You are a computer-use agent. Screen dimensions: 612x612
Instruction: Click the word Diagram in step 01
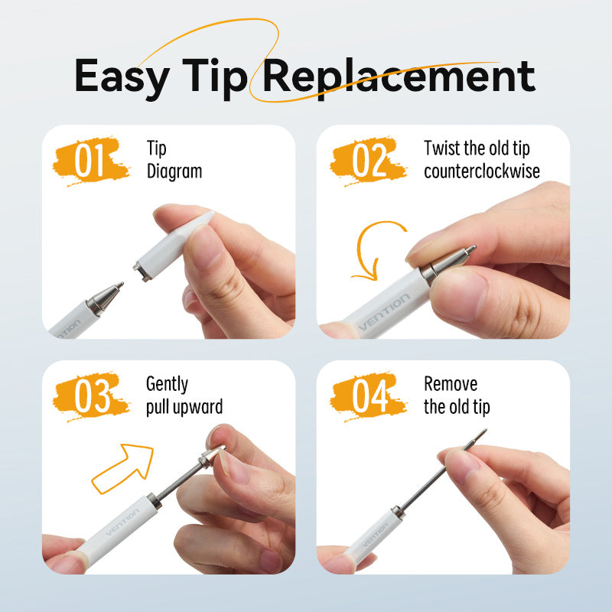[174, 171]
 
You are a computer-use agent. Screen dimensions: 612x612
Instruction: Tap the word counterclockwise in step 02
[482, 171]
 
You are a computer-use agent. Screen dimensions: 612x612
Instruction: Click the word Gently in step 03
[167, 383]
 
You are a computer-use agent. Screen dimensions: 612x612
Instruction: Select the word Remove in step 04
[451, 383]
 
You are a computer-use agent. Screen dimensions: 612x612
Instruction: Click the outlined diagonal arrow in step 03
[122, 467]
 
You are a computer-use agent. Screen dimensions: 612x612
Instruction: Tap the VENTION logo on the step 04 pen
[375, 539]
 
